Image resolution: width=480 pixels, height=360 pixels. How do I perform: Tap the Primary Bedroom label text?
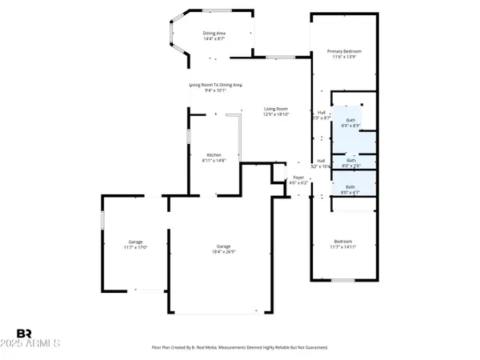(x=345, y=54)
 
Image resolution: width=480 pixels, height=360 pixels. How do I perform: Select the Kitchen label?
(x=214, y=158)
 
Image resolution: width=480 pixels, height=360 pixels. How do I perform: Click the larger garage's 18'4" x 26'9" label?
(x=223, y=249)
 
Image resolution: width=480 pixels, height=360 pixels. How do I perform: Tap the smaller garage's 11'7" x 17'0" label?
(x=135, y=245)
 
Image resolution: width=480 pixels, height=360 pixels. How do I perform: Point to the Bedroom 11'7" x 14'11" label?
(x=342, y=244)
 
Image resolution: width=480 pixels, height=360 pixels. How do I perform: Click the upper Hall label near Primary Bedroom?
(x=321, y=115)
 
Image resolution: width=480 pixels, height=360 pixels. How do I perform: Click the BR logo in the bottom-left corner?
(x=25, y=333)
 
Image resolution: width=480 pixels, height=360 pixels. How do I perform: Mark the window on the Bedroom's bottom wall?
(x=342, y=280)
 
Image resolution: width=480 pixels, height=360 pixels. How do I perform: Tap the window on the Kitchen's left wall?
(x=189, y=136)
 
